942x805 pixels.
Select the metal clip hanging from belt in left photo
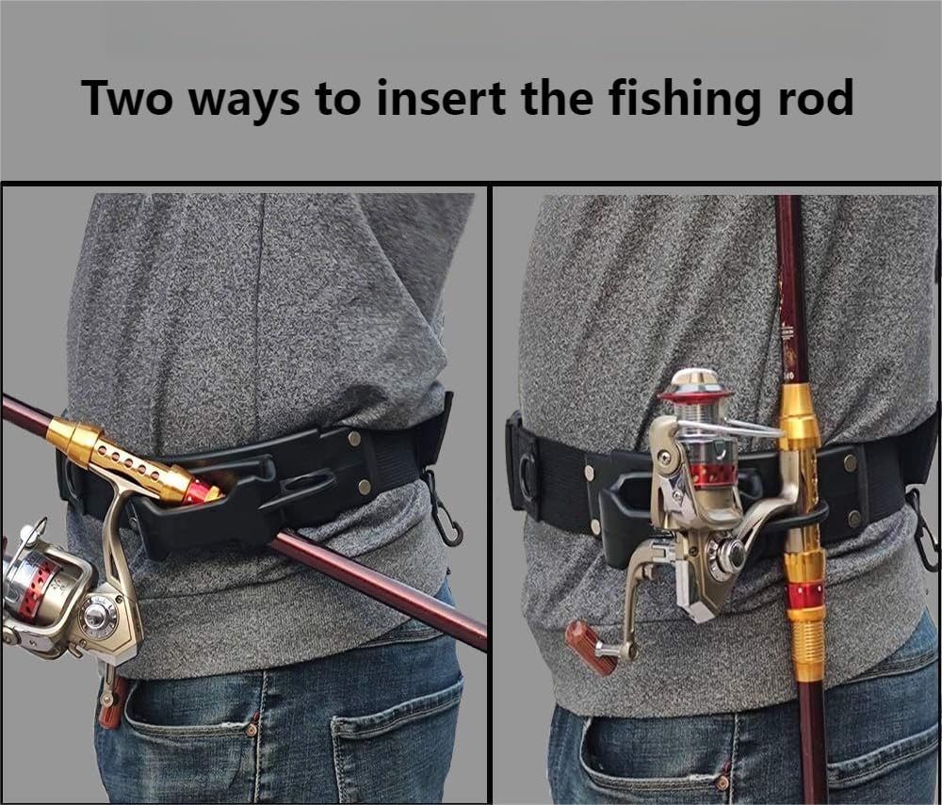click(444, 513)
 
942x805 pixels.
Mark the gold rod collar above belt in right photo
click(797, 414)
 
